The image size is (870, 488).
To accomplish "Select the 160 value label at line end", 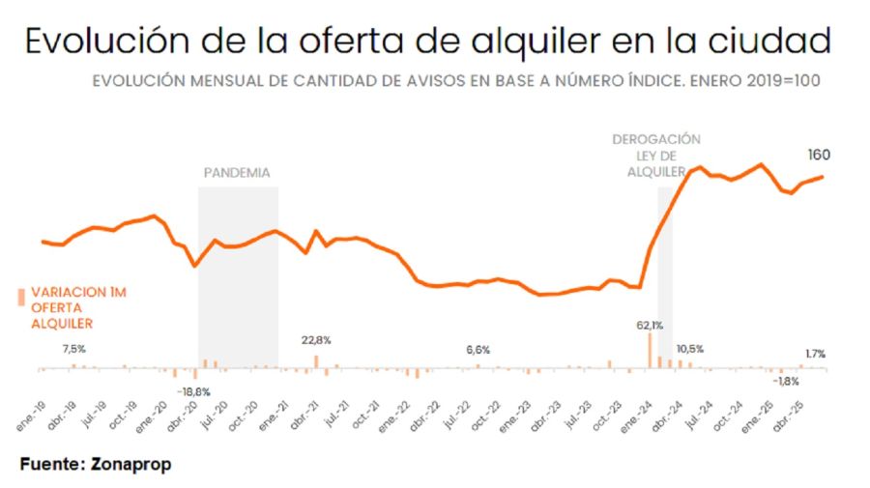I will click(819, 155).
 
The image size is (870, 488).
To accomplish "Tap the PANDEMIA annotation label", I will click(237, 173).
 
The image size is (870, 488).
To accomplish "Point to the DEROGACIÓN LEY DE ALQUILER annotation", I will click(656, 155).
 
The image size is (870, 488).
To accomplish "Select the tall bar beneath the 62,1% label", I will click(650, 351).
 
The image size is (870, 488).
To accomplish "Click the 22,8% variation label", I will click(316, 340).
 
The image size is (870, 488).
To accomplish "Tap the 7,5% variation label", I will click(74, 349).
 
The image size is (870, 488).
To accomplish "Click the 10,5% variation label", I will click(689, 349).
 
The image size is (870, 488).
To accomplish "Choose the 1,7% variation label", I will click(814, 354).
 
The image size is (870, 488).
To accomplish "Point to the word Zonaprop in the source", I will click(131, 465).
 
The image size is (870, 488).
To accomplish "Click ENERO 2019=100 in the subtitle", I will click(758, 81).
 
